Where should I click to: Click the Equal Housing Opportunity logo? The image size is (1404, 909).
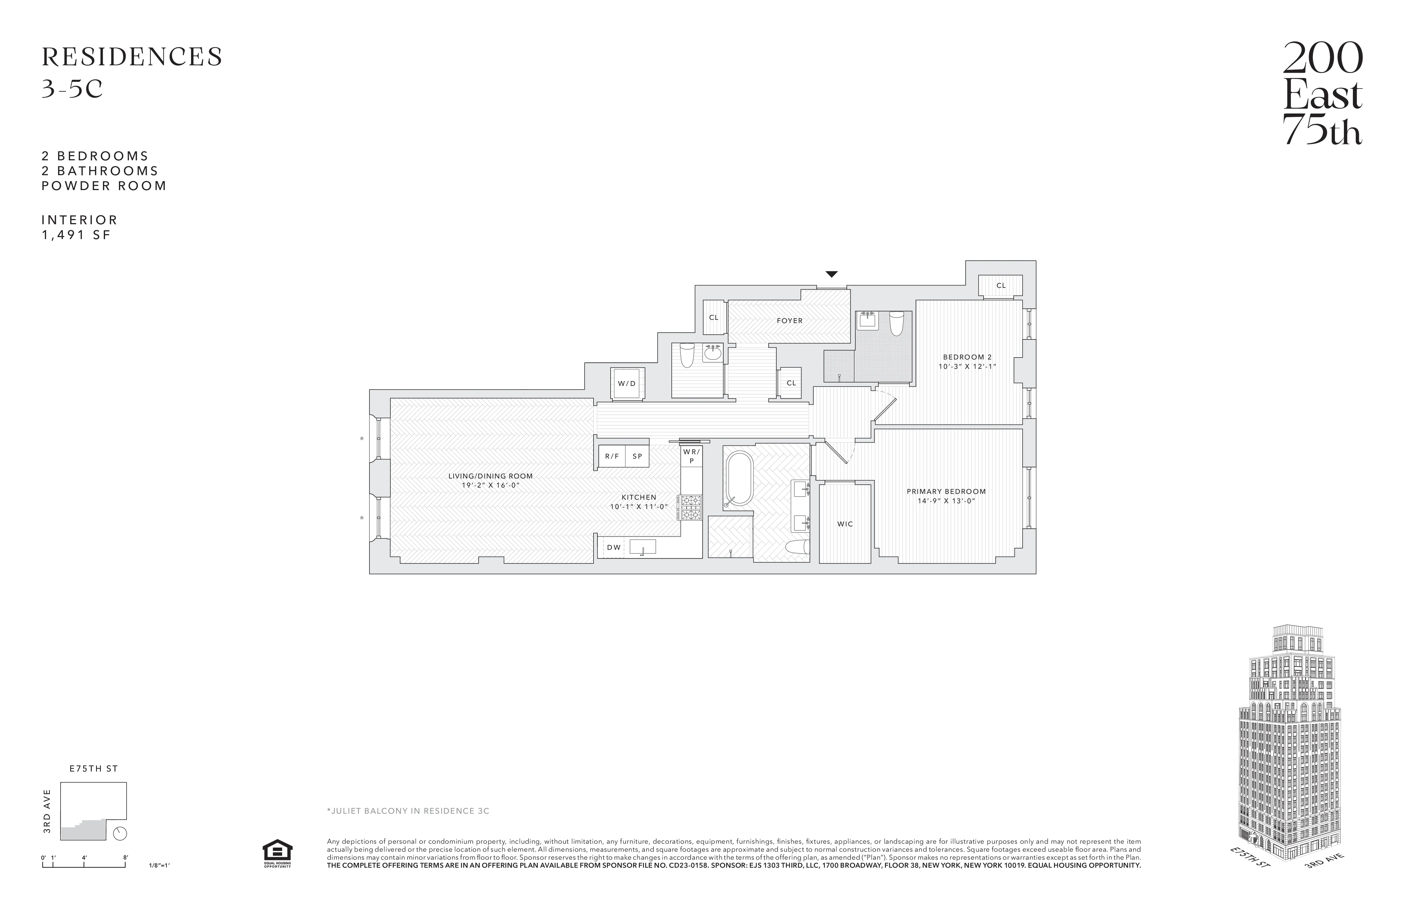click(277, 853)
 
